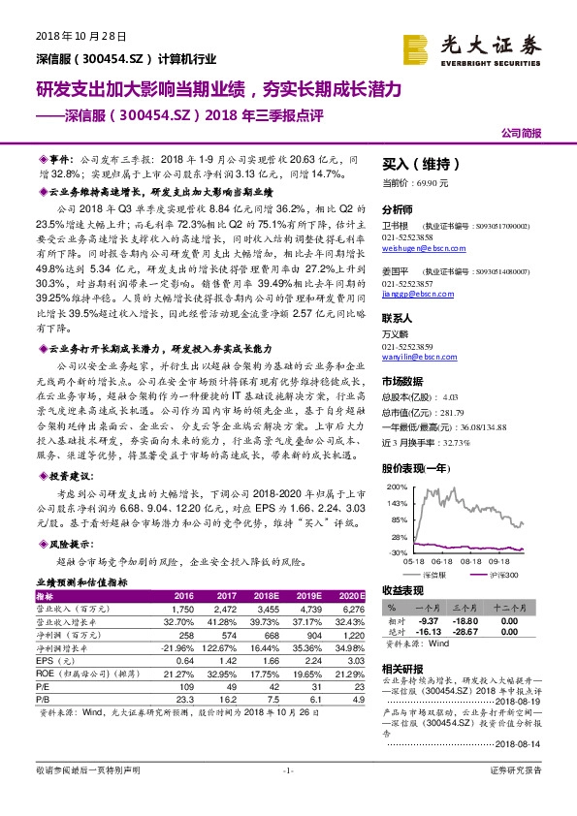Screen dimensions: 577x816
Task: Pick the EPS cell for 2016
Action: tap(184, 659)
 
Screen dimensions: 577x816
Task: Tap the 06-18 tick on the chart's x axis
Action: tap(444, 559)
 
